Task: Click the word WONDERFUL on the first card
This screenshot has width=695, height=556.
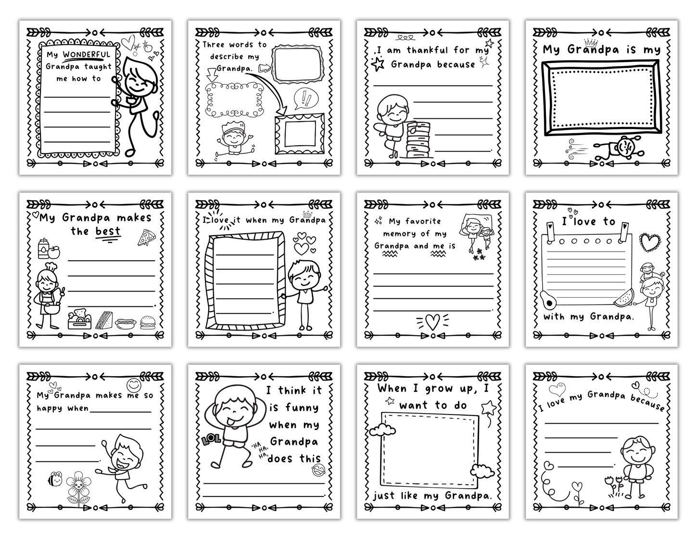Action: click(x=86, y=54)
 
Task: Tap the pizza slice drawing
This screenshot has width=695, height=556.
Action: click(x=146, y=238)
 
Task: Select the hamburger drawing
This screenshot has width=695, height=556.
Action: click(x=148, y=322)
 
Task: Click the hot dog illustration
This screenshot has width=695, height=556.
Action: click(x=126, y=323)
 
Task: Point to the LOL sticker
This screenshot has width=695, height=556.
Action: click(x=211, y=439)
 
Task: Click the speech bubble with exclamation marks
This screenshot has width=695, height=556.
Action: click(x=306, y=99)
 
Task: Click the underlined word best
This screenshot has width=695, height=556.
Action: click(x=108, y=232)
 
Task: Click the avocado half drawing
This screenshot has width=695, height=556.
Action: click(x=548, y=300)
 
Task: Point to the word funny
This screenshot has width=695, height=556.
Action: click(x=302, y=408)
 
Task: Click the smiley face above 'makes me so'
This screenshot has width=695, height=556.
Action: click(x=134, y=385)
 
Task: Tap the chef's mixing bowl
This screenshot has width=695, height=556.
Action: click(x=52, y=308)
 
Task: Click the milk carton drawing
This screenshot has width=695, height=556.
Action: click(x=43, y=249)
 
